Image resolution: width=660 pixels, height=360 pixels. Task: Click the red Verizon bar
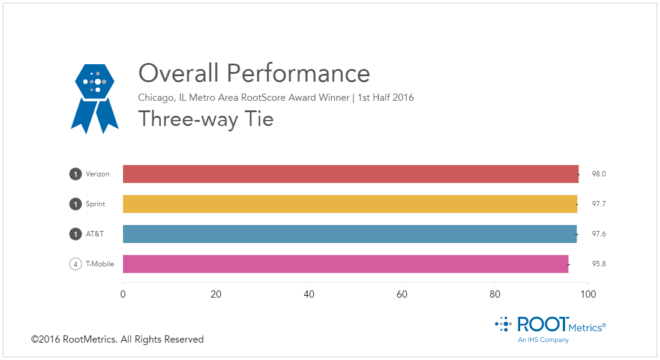[350, 174]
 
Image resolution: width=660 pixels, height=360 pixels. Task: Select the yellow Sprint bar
[350, 204]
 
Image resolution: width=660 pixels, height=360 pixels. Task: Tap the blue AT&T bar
[350, 234]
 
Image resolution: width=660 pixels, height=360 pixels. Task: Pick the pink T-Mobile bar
[346, 264]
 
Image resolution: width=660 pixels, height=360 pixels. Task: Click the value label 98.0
[599, 174]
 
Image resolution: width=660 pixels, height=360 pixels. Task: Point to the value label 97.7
[599, 204]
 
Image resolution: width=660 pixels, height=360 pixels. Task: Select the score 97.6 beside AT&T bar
[599, 234]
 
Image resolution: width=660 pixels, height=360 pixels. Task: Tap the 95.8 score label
[599, 264]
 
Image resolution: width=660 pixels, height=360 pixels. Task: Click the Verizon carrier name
[98, 174]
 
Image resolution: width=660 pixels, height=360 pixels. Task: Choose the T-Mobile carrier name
[100, 264]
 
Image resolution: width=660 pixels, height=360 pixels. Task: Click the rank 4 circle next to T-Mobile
[76, 264]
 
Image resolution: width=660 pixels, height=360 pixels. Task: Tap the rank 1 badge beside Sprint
[76, 204]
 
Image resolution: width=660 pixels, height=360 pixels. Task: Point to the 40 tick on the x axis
[309, 295]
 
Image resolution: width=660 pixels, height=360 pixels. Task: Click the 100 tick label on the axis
[588, 295]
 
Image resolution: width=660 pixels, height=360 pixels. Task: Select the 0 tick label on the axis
[123, 295]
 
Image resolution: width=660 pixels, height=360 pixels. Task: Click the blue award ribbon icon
[95, 98]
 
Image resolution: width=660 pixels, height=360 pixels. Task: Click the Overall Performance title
[254, 74]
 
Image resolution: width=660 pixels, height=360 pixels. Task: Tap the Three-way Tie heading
[206, 119]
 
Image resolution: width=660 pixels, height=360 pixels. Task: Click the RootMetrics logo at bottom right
[550, 327]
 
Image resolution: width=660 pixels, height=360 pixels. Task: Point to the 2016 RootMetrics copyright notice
[118, 340]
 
